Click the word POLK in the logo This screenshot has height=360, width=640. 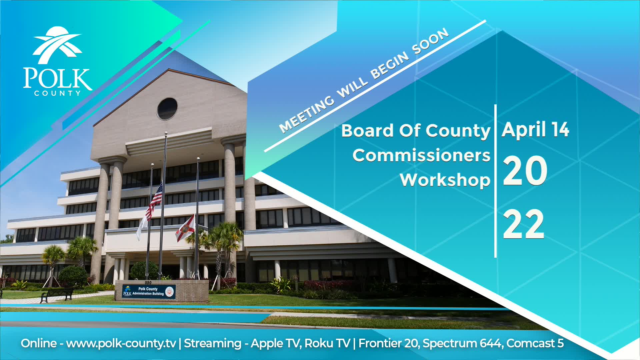[x=57, y=79]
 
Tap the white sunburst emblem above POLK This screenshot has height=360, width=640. [x=57, y=45]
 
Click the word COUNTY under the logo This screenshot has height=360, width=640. [x=57, y=94]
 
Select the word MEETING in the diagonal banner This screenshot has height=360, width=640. [x=306, y=113]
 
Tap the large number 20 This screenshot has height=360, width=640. [x=525, y=171]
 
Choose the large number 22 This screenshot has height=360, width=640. [x=523, y=224]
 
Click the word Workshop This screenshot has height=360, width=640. [x=445, y=180]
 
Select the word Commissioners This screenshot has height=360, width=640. [x=421, y=155]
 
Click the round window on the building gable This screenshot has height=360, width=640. [x=167, y=109]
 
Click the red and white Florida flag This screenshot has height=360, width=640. [x=185, y=228]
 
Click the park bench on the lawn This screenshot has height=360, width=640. [x=57, y=295]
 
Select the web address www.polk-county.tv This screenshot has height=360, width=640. [x=121, y=343]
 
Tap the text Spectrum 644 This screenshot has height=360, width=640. [x=462, y=343]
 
